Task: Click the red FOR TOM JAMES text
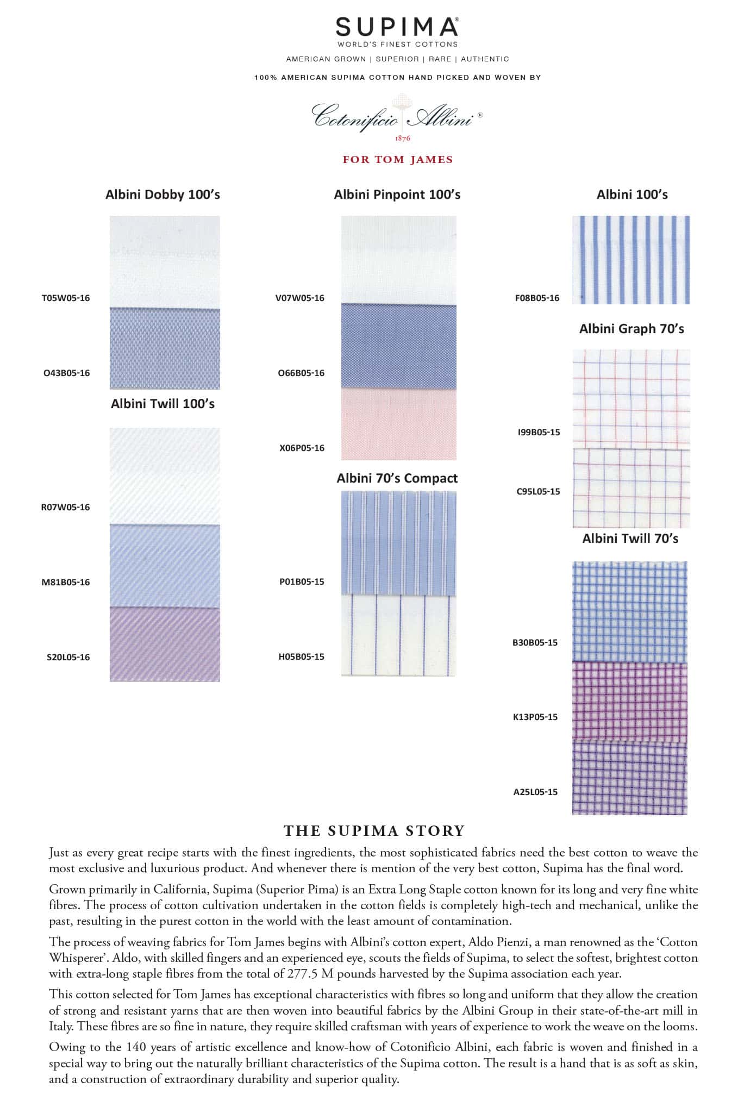[397, 160]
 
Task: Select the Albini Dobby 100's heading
[162, 195]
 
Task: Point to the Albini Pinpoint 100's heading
[397, 195]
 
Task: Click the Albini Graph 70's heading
[632, 329]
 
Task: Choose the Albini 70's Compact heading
[397, 478]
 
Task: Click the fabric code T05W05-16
[66, 298]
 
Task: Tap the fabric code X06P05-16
[302, 448]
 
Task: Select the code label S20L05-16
[68, 657]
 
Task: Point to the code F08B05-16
[537, 298]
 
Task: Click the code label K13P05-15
[535, 717]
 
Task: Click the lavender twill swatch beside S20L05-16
[165, 645]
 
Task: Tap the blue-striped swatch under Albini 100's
[631, 260]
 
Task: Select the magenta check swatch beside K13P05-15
[629, 701]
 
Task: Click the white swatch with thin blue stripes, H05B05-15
[398, 635]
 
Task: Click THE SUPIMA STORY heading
[374, 830]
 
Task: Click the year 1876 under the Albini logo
[403, 138]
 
